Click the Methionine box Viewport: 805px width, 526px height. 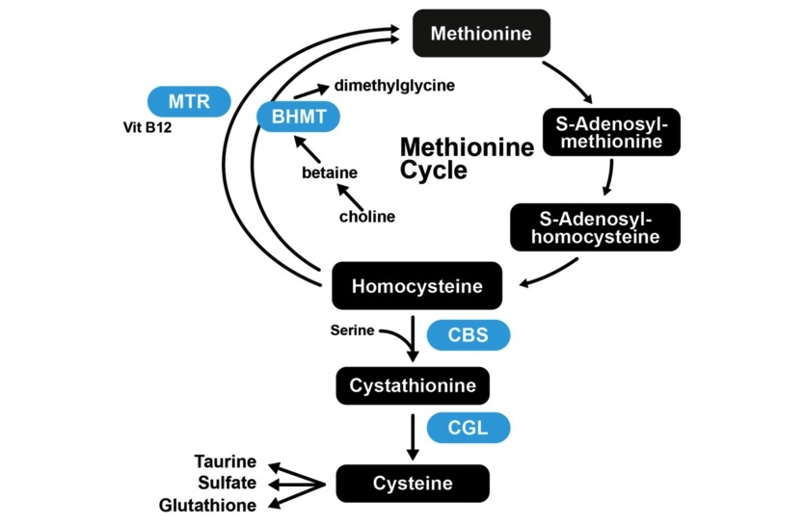click(x=481, y=34)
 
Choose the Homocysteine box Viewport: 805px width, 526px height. click(x=416, y=286)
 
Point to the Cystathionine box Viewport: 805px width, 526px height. click(x=413, y=386)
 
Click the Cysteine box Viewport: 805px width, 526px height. click(x=413, y=483)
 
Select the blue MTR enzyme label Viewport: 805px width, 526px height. click(x=189, y=101)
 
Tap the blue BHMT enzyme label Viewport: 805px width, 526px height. click(x=299, y=118)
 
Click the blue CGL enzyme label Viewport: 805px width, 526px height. click(x=468, y=428)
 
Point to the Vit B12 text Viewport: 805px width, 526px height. click(x=148, y=126)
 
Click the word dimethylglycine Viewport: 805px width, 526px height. click(x=394, y=86)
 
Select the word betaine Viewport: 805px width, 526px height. click(x=330, y=173)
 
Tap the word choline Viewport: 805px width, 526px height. click(x=366, y=217)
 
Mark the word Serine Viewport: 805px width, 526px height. click(x=352, y=330)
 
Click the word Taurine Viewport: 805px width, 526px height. click(x=226, y=461)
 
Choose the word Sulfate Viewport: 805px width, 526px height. click(x=228, y=483)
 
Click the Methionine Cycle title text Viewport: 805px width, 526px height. click(x=466, y=159)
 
